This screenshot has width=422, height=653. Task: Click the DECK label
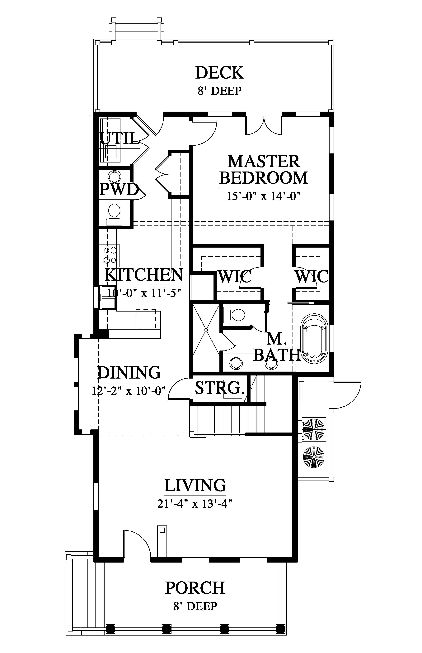pos(219,73)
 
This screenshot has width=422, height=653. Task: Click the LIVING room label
pos(195,485)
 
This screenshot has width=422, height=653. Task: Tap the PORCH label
pos(195,588)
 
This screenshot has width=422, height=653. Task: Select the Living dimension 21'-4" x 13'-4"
pos(195,504)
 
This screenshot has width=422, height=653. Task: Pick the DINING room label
pos(129,372)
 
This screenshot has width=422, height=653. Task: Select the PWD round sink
pos(114,176)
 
